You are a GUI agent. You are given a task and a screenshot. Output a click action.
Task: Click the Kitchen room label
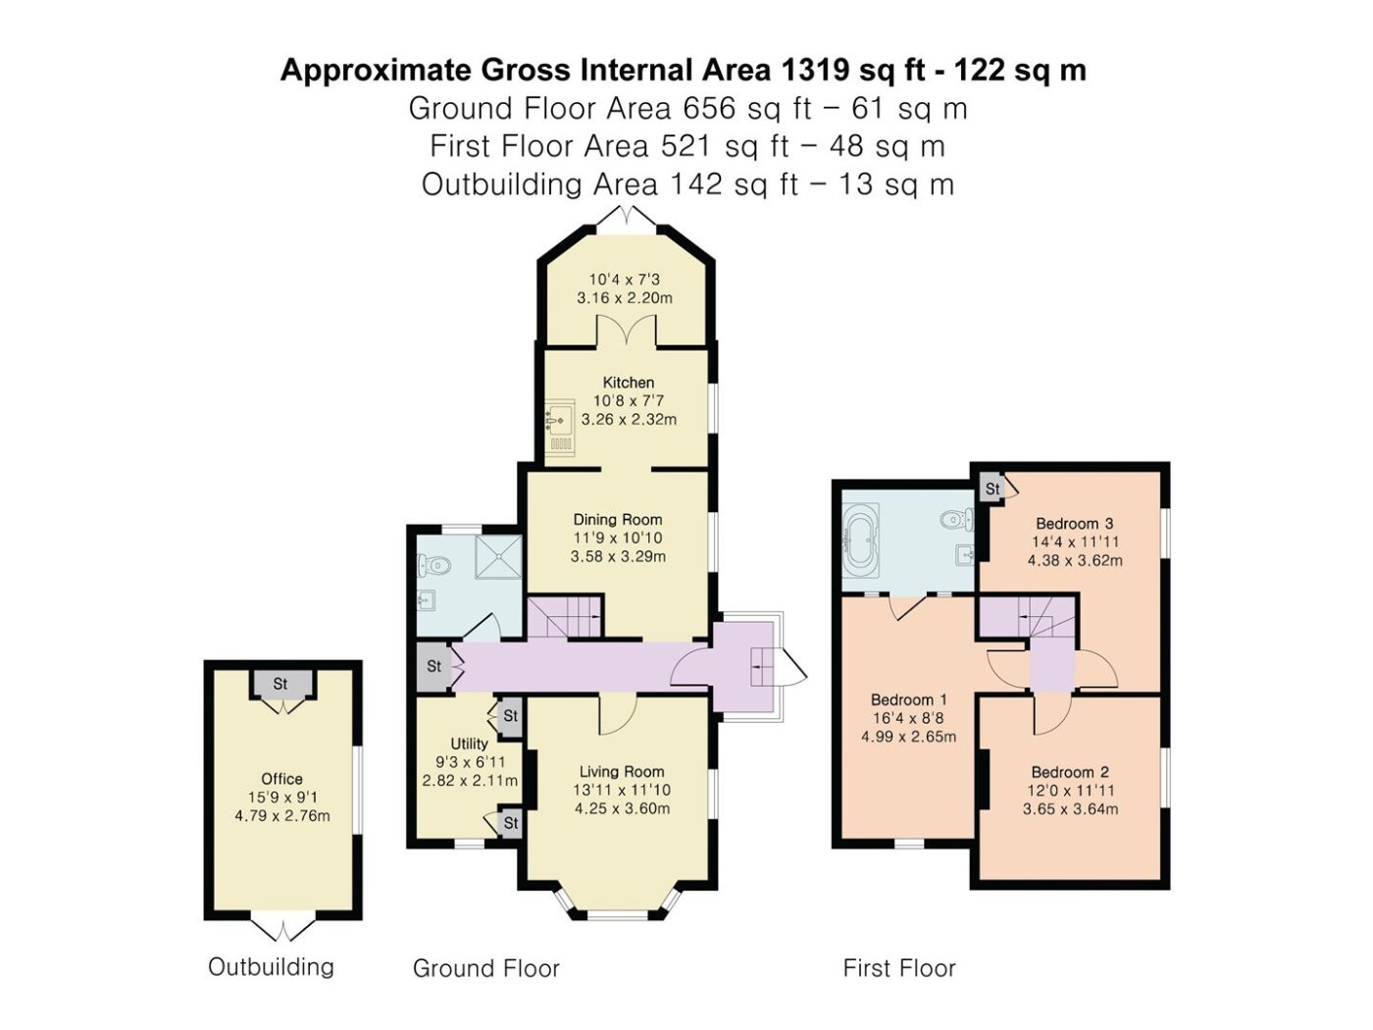628,383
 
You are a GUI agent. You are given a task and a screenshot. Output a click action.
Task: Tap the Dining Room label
618,519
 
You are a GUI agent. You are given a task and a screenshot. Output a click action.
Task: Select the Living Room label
622,772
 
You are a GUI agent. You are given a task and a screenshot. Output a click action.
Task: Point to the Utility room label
469,744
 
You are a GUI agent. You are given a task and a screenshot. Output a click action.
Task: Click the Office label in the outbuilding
281,779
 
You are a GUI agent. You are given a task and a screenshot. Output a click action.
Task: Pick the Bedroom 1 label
909,699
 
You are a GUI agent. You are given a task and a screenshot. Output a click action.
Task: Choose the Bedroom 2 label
1070,772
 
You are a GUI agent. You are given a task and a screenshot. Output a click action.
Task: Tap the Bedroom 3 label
1075,524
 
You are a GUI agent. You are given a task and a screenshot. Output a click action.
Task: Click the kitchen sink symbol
559,429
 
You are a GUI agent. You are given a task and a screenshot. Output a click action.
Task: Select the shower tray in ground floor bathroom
498,556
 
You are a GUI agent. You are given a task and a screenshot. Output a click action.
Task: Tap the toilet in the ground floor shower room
433,567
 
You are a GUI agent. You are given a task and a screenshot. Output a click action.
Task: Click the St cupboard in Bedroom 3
992,489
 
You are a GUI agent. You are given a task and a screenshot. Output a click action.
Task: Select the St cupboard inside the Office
280,684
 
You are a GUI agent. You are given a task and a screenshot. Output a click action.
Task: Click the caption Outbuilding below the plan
271,967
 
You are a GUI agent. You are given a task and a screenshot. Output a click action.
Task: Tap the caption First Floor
899,968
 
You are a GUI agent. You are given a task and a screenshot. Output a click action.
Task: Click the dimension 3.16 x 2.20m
625,297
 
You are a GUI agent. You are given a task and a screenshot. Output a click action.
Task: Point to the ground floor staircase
565,617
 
